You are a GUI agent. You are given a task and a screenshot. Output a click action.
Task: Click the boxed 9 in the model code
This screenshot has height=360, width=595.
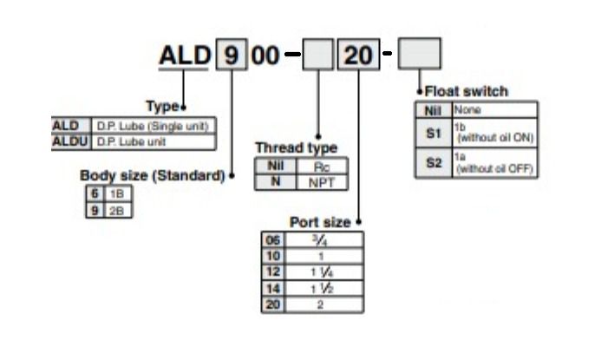[230, 55]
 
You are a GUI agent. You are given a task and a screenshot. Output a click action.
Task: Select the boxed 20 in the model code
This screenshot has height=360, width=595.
[356, 55]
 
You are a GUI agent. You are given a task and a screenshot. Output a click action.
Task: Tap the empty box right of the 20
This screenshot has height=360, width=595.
[419, 54]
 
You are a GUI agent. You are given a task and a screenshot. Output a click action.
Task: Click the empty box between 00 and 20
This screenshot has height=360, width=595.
[317, 55]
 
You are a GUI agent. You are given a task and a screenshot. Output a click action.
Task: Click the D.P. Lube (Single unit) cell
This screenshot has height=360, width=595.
[152, 126]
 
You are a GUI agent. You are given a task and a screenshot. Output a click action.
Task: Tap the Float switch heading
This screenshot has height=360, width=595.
[466, 91]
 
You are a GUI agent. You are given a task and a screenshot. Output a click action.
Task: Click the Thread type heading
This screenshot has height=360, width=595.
[296, 148]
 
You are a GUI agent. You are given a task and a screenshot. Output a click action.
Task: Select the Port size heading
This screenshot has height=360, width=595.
[320, 222]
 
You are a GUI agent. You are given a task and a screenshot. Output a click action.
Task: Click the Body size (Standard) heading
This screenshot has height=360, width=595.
[152, 175]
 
